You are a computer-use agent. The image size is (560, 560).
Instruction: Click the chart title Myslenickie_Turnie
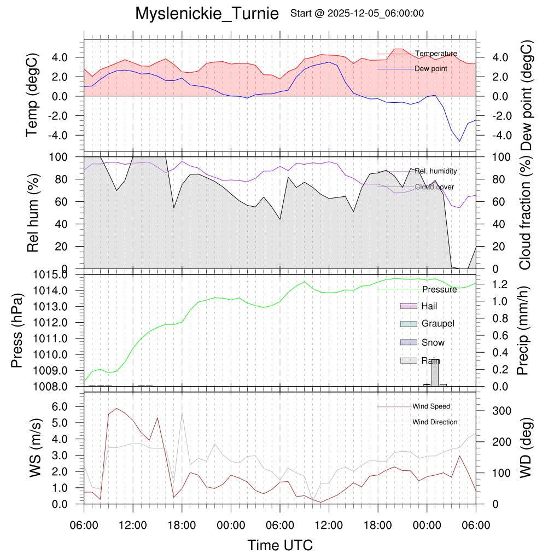(207, 13)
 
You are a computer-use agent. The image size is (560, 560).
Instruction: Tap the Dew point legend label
(431, 69)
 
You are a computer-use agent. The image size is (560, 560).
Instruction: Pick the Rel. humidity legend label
(435, 171)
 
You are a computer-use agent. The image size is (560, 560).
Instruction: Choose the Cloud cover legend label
(434, 187)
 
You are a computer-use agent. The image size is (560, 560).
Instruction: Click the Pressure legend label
(439, 289)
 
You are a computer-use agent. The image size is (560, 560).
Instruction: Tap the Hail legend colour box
(409, 306)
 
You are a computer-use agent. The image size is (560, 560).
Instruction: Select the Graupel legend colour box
(409, 324)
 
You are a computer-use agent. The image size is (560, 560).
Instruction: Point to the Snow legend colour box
(409, 342)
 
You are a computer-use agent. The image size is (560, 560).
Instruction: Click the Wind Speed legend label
(431, 407)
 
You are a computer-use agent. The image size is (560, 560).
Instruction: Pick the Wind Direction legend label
(435, 422)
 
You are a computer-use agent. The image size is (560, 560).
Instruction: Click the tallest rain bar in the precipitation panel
(435, 372)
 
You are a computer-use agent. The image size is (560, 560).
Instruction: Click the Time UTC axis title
(280, 545)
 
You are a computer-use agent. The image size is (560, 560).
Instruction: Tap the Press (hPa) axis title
(17, 331)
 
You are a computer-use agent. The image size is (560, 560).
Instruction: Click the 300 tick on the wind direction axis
(488, 411)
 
